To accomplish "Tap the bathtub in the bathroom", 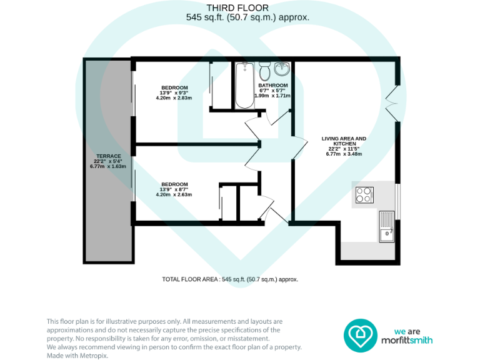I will click(242, 86).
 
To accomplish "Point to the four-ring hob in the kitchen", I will click(364, 194).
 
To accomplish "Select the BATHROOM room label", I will click(273, 86).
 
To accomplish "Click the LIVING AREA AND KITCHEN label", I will click(344, 141).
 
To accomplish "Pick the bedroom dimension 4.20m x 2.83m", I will click(174, 98).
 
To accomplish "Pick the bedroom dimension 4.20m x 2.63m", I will click(174, 194).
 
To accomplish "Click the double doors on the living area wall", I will click(392, 100).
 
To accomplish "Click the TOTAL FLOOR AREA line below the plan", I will click(229, 279).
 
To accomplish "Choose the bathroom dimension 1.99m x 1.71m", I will click(273, 96).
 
